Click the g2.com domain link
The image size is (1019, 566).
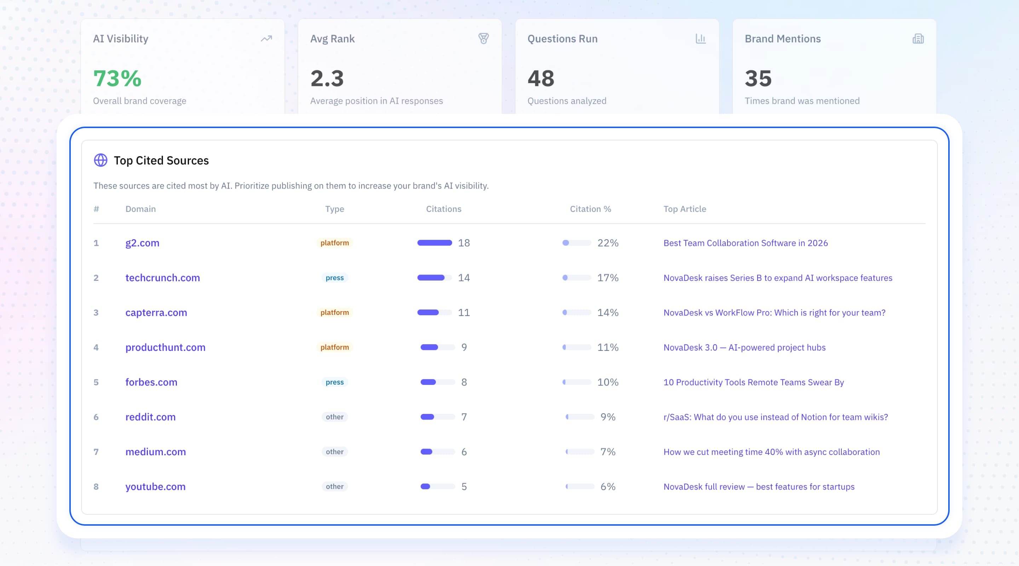pyautogui.click(x=142, y=243)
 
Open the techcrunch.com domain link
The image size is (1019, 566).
pyautogui.click(x=163, y=278)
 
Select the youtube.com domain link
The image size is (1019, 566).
pyautogui.click(x=155, y=486)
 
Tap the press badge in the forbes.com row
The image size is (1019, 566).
pyautogui.click(x=335, y=382)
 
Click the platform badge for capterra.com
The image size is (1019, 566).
pyautogui.click(x=335, y=312)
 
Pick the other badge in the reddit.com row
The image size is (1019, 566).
pyautogui.click(x=335, y=417)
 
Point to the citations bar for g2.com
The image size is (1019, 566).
pyautogui.click(x=434, y=243)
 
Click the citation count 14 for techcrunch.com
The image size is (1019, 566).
pyautogui.click(x=464, y=278)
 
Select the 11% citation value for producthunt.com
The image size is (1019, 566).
pyautogui.click(x=608, y=347)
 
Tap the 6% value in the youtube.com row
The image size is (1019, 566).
pyautogui.click(x=608, y=486)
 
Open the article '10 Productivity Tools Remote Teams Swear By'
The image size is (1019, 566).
pyautogui.click(x=754, y=382)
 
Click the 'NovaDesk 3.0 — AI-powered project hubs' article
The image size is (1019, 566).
pyautogui.click(x=744, y=347)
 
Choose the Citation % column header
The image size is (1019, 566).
pyautogui.click(x=590, y=209)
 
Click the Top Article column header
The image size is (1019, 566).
pyautogui.click(x=685, y=209)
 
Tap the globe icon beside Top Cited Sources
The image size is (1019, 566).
pyautogui.click(x=100, y=160)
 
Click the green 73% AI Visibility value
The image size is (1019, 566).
pyautogui.click(x=117, y=78)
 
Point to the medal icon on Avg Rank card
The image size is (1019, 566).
pyautogui.click(x=483, y=38)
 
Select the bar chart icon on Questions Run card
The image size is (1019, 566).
pyautogui.click(x=701, y=38)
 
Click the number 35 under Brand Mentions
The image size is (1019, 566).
pyautogui.click(x=758, y=78)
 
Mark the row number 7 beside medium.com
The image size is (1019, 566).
pyautogui.click(x=96, y=452)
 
